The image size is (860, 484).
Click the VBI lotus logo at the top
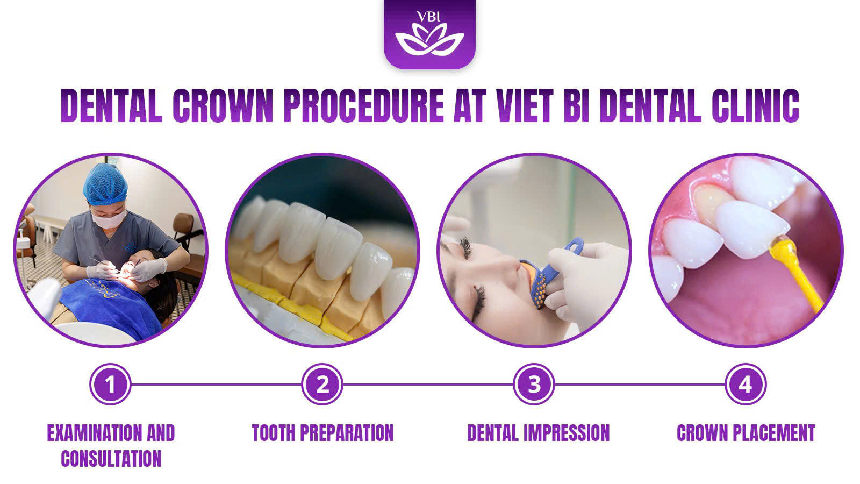click(x=429, y=34)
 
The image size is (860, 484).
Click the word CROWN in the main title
click(x=223, y=105)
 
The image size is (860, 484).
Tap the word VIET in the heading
click(x=525, y=105)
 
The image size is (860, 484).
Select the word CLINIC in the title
click(x=755, y=105)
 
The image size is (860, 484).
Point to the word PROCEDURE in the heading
click(x=363, y=105)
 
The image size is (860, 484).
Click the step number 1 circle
click(x=110, y=384)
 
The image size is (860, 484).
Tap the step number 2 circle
click(x=322, y=384)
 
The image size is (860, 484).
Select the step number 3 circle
click(x=534, y=384)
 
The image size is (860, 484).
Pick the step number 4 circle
click(x=746, y=384)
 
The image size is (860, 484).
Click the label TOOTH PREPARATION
click(x=322, y=433)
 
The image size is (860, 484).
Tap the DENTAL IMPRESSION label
click(x=538, y=433)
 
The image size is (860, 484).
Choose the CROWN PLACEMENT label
click(x=746, y=433)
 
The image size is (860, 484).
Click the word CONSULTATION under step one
click(x=111, y=459)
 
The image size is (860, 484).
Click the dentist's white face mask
click(x=109, y=219)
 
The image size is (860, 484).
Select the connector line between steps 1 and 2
click(x=216, y=384)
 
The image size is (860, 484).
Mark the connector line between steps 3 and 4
click(x=640, y=384)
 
